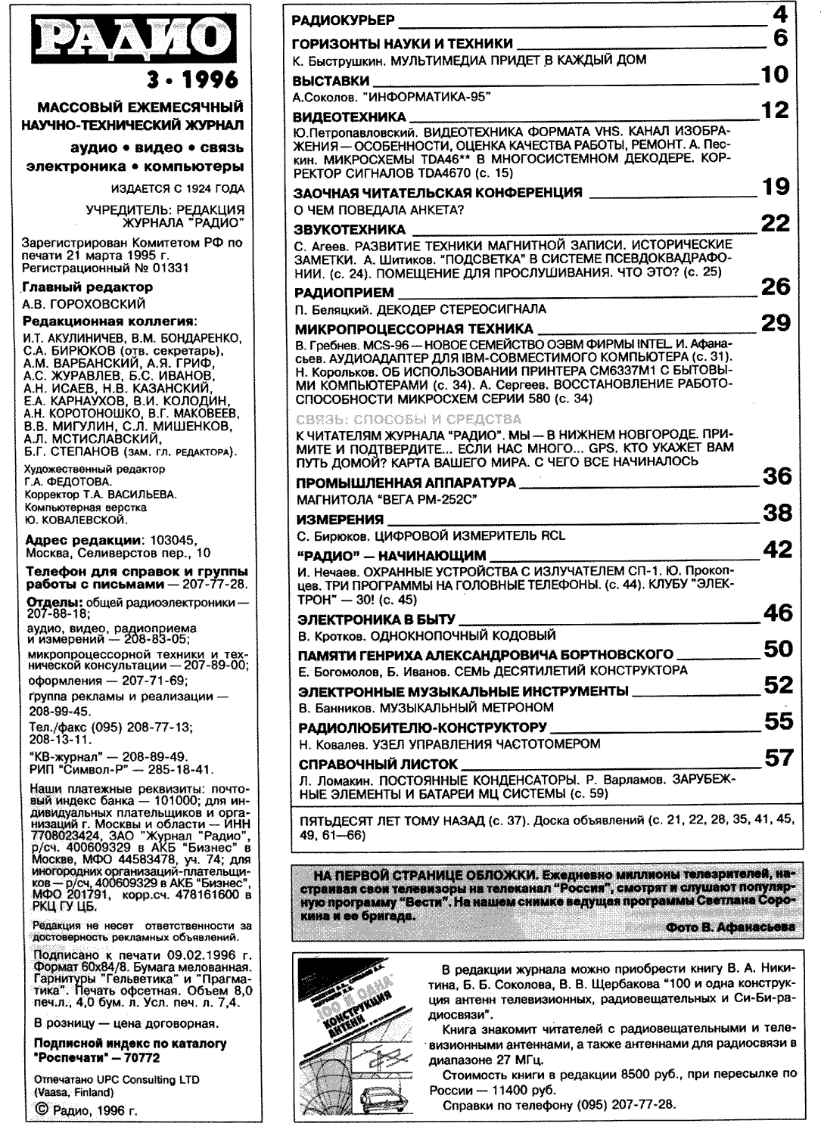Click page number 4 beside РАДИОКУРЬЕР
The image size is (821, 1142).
pyautogui.click(x=780, y=14)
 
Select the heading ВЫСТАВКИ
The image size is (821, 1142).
pyautogui.click(x=331, y=80)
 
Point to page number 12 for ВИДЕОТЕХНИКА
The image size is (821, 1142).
pyautogui.click(x=775, y=111)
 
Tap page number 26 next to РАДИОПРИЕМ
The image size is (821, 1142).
pyautogui.click(x=775, y=287)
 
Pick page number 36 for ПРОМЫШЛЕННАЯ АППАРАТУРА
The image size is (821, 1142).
pyautogui.click(x=776, y=476)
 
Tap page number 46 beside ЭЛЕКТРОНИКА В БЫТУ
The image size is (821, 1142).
pyautogui.click(x=777, y=613)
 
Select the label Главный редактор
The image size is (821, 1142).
pyautogui.click(x=88, y=287)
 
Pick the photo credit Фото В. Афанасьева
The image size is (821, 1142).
pyautogui.click(x=731, y=927)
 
